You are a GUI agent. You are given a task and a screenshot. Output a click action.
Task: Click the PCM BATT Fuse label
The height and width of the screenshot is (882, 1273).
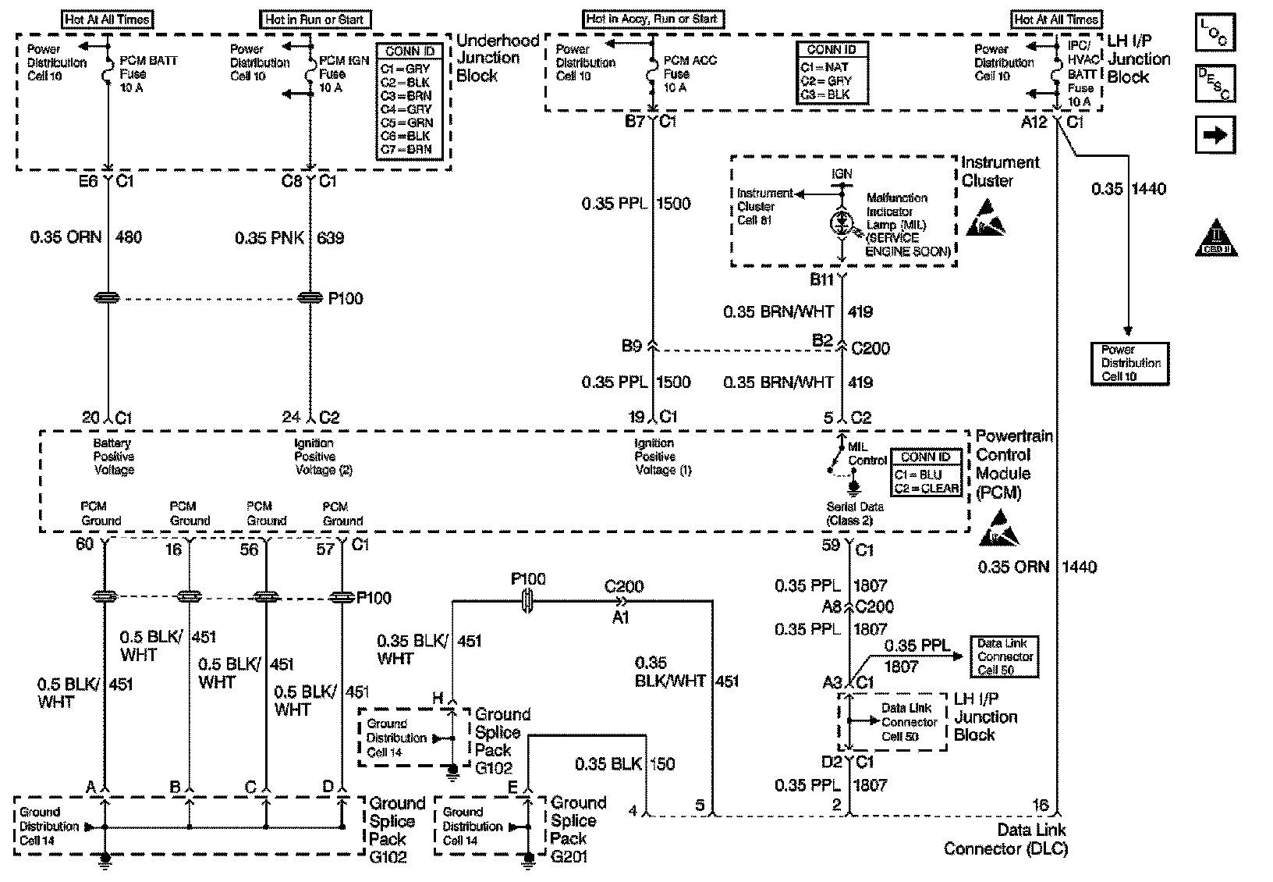(147, 74)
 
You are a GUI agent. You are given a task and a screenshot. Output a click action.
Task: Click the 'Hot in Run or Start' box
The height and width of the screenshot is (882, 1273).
(315, 20)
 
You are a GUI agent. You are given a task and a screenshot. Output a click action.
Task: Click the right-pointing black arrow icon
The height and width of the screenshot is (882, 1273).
(1214, 135)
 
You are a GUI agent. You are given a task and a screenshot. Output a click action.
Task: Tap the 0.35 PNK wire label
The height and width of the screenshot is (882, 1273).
(270, 237)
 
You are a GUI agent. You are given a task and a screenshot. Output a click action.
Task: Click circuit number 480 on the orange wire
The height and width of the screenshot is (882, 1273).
(129, 237)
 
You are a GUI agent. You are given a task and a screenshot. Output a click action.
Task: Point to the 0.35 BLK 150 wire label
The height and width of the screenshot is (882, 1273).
(625, 763)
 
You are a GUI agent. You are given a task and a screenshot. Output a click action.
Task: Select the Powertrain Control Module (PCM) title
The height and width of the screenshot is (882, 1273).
(1012, 464)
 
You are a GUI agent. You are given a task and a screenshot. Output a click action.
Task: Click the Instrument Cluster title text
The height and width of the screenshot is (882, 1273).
(999, 171)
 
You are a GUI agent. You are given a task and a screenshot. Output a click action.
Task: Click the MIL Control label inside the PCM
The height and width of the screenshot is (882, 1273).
(867, 453)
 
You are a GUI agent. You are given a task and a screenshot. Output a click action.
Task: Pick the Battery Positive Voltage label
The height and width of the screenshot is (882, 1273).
(114, 457)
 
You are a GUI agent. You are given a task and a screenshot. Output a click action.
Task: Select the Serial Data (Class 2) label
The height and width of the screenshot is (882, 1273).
(855, 514)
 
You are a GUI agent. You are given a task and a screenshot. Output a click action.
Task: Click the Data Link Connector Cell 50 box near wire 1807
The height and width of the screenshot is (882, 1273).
(1005, 656)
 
